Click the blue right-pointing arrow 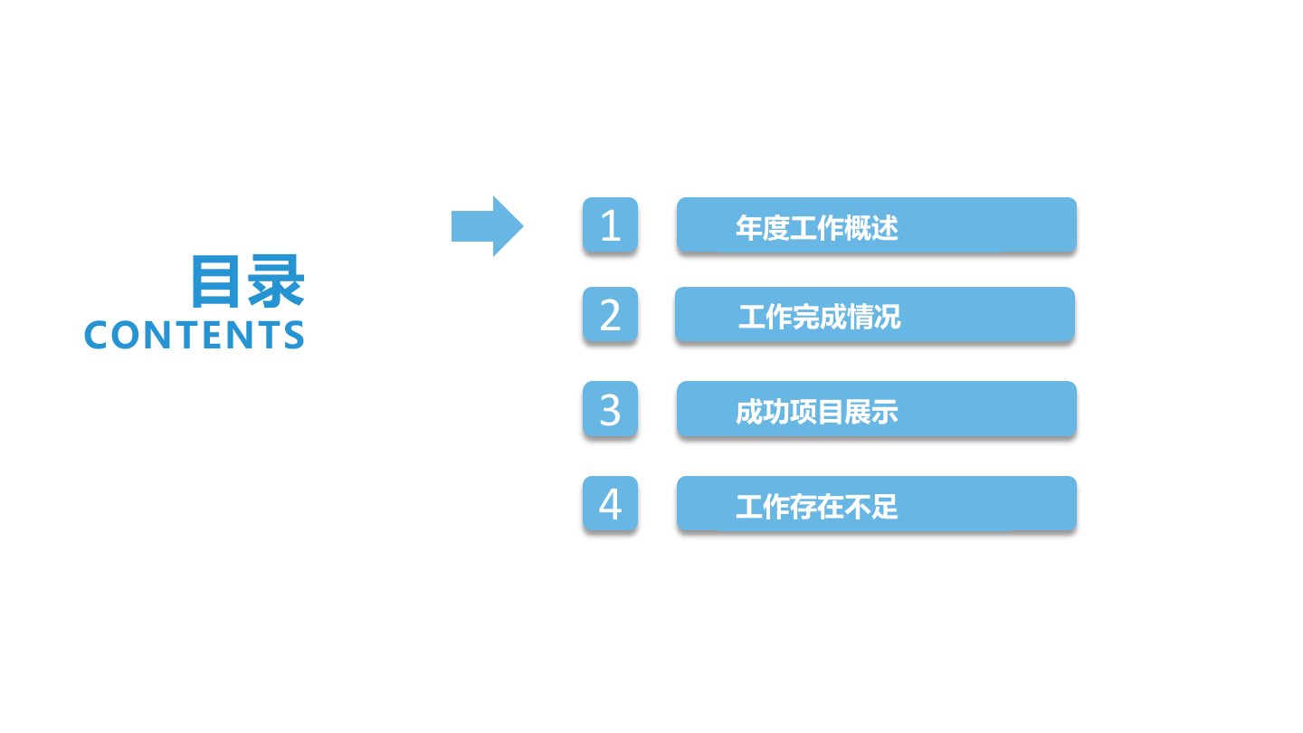pyautogui.click(x=488, y=226)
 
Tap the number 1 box pyautogui.click(x=610, y=224)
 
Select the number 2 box pyautogui.click(x=610, y=314)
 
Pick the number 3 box pyautogui.click(x=610, y=409)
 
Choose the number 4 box pyautogui.click(x=610, y=504)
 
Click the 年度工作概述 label pyautogui.click(x=817, y=227)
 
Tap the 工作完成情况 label pyautogui.click(x=820, y=317)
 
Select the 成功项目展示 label pyautogui.click(x=817, y=412)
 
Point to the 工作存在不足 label pyautogui.click(x=817, y=507)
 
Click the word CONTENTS pyautogui.click(x=195, y=335)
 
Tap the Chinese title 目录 pyautogui.click(x=248, y=281)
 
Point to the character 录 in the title pyautogui.click(x=276, y=281)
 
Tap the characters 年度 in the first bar pyautogui.click(x=762, y=227)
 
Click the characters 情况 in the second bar pyautogui.click(x=874, y=317)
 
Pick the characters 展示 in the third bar pyautogui.click(x=871, y=412)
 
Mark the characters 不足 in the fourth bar pyautogui.click(x=871, y=507)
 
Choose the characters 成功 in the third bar pyautogui.click(x=762, y=412)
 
